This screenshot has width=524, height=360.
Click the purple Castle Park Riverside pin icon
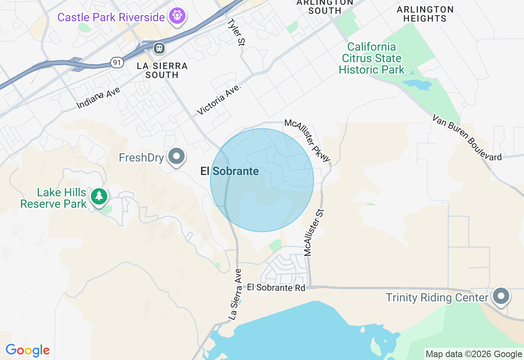177,16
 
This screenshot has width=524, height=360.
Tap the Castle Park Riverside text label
111,18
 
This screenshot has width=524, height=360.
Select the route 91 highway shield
117,63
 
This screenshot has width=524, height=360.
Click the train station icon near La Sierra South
159,48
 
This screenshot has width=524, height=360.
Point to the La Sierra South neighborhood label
162,70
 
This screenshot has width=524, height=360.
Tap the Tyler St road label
235,32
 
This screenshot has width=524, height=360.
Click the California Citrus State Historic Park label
372,59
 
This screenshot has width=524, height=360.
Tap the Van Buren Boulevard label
467,137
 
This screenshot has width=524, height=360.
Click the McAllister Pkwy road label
307,140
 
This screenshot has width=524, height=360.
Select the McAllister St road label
314,232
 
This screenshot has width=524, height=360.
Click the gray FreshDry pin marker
177,156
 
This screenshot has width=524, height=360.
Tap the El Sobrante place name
230,171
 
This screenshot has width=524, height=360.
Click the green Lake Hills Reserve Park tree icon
99,196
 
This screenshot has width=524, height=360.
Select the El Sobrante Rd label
276,288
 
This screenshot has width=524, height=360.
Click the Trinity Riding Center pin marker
501,296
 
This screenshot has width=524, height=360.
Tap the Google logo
27,351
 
